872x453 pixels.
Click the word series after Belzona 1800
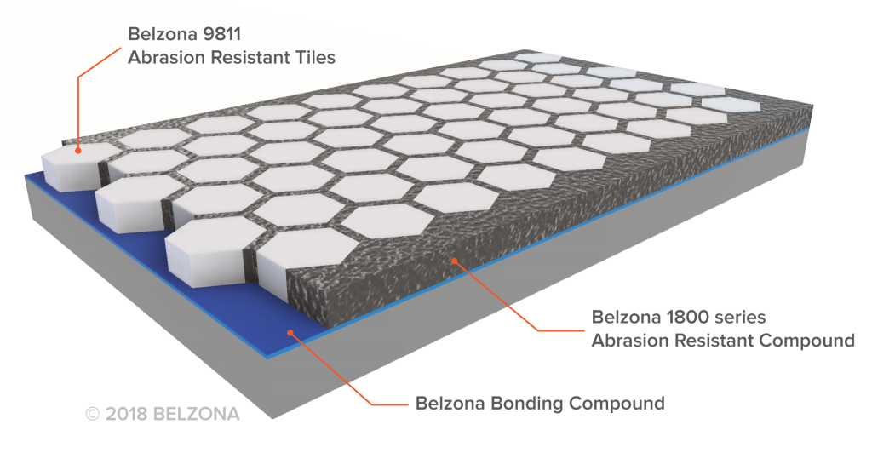click(x=740, y=318)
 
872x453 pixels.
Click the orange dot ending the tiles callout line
click(x=77, y=151)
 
